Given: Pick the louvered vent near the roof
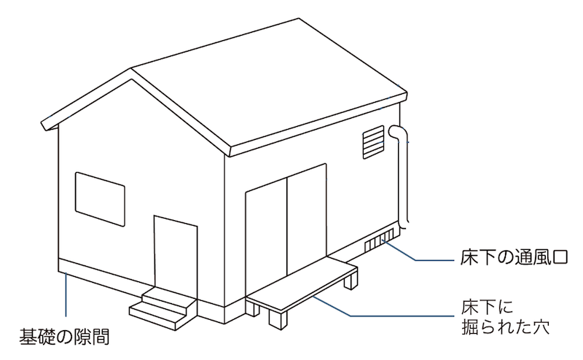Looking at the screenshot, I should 372,141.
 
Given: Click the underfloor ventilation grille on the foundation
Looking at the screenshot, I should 378,243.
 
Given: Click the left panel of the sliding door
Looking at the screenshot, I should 267,233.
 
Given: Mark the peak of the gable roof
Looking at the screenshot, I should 131,71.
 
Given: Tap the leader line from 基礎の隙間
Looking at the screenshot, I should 66,299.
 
